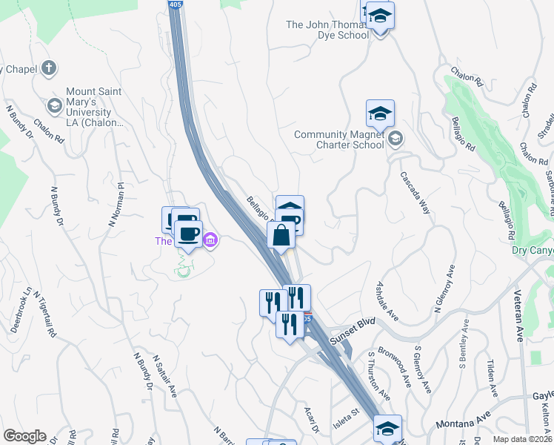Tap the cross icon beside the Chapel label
pos(49,69)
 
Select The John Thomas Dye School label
pos(327,30)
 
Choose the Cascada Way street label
pos(415,193)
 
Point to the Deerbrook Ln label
pos(22,309)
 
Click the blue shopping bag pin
pos(281,237)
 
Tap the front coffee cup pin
pos(188,234)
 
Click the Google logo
pos(24,436)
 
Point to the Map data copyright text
pos(523,439)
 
